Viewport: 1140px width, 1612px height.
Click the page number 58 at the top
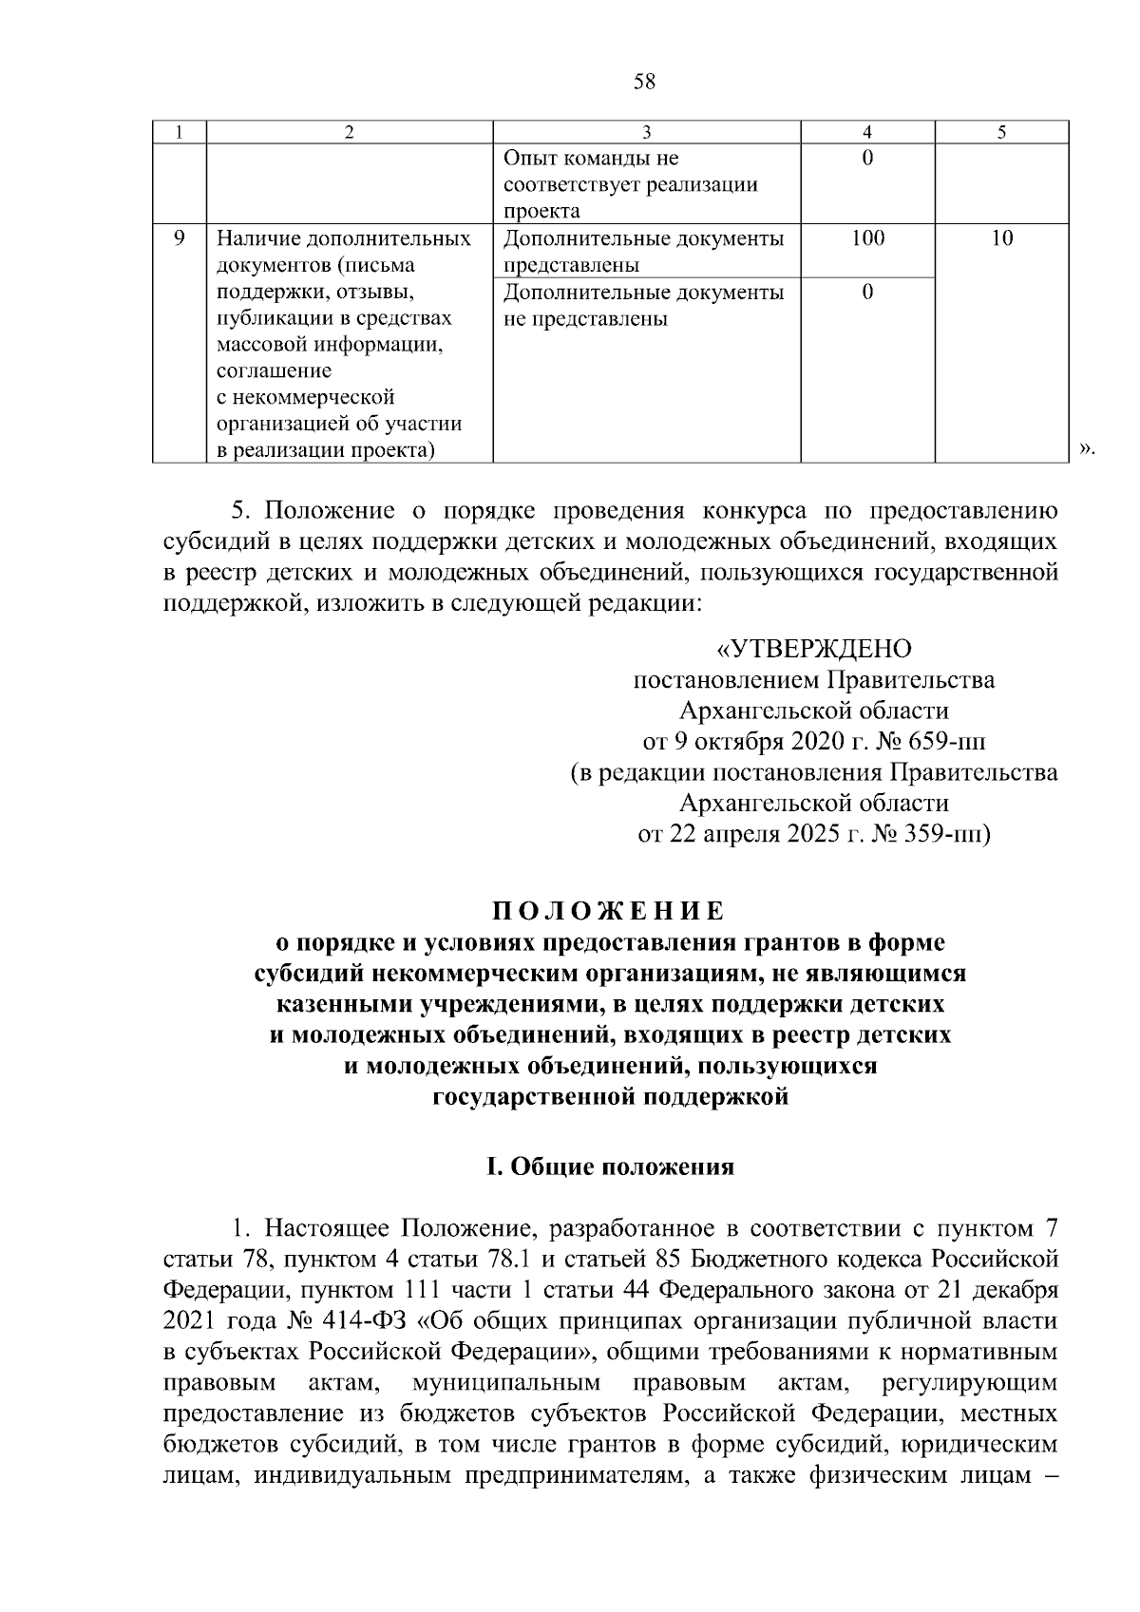click(x=644, y=82)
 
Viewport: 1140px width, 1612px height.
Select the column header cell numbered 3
click(x=646, y=133)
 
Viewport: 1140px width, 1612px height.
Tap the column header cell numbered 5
click(x=1002, y=133)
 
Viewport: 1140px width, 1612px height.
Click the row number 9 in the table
click(x=180, y=237)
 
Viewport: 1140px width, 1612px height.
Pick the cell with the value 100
click(x=867, y=237)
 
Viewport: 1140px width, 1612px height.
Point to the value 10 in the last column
click(x=1002, y=237)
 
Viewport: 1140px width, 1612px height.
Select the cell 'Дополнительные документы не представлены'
click(x=644, y=305)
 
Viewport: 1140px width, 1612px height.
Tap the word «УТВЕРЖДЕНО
click(x=813, y=649)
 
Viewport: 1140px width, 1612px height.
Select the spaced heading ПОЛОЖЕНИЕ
click(x=608, y=912)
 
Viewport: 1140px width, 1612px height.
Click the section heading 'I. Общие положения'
click(x=610, y=1166)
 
